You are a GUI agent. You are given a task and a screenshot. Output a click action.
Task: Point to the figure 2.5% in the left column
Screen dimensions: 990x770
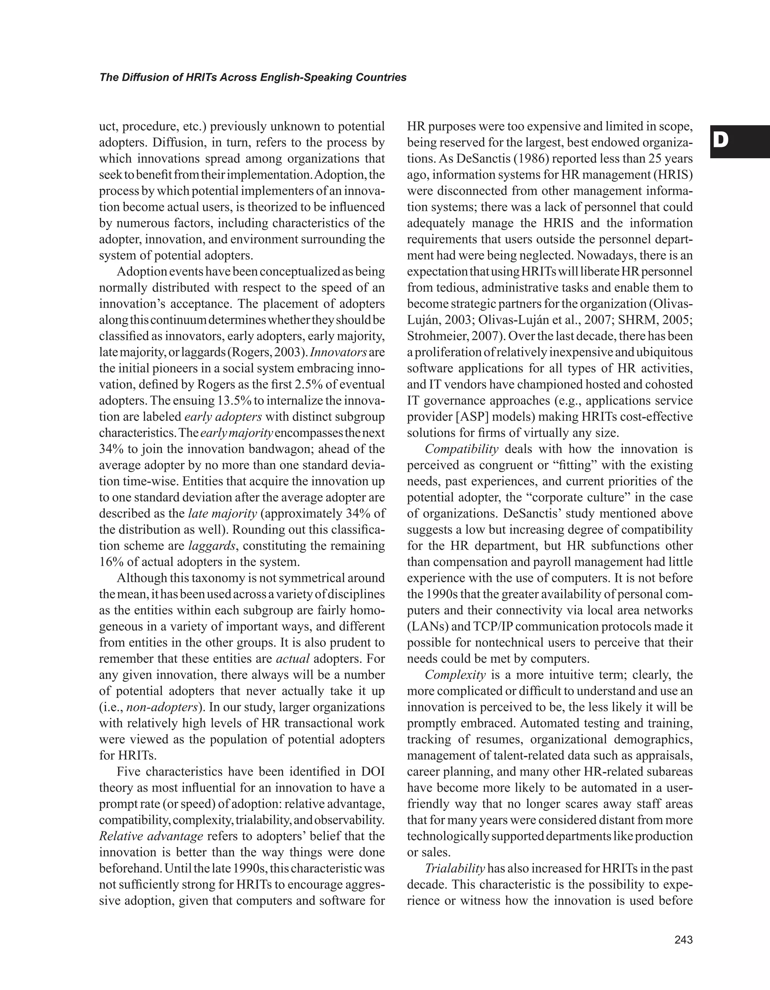click(x=309, y=384)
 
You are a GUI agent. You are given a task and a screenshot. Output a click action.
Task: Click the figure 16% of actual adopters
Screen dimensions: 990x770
click(x=109, y=562)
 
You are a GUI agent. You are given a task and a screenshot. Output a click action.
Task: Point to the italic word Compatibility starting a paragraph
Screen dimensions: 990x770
click(x=461, y=449)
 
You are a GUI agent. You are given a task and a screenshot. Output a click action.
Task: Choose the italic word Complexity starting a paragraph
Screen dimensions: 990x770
click(x=455, y=675)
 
